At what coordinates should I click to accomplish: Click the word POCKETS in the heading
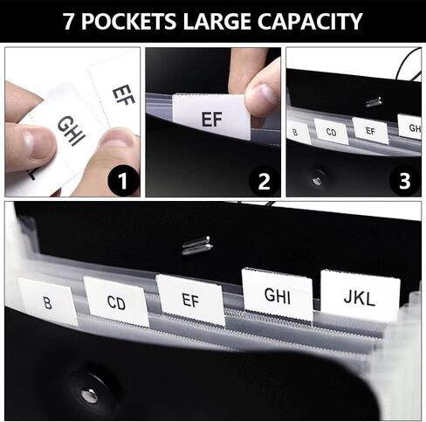tap(128, 21)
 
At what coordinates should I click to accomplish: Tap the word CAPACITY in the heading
tap(310, 21)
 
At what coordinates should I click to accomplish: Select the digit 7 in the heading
tap(69, 21)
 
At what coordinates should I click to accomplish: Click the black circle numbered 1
tap(123, 181)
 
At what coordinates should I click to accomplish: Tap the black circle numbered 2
tap(264, 181)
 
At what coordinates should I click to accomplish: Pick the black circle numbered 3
tap(405, 181)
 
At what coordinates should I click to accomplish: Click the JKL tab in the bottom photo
tap(360, 295)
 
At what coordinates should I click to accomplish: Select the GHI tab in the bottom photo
tap(278, 294)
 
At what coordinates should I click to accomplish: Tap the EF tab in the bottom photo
tap(190, 300)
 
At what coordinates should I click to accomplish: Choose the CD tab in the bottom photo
tap(116, 301)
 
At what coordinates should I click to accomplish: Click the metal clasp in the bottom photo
tap(196, 246)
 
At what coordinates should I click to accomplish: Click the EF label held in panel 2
tap(211, 116)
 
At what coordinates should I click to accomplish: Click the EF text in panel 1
tap(124, 94)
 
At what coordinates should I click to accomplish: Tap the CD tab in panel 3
tap(332, 131)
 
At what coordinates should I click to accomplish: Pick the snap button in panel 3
tap(318, 180)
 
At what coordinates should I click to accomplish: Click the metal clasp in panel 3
tap(374, 101)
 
